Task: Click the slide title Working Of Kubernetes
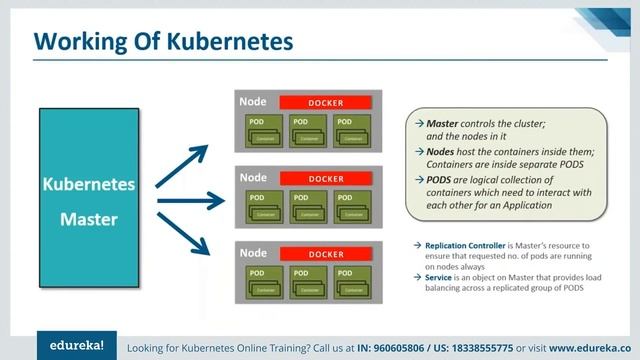164,41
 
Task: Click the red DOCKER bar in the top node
325,103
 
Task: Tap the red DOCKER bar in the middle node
325,179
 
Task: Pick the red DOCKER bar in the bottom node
325,254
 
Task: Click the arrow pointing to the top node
182,163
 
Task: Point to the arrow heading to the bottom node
182,239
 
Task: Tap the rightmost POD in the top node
353,131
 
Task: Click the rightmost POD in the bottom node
353,282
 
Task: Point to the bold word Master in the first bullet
446,121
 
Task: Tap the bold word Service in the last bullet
441,277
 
